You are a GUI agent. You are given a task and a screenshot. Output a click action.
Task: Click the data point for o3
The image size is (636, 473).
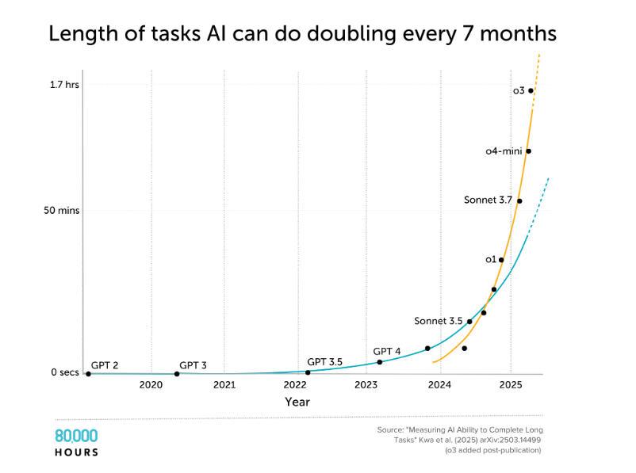click(531, 91)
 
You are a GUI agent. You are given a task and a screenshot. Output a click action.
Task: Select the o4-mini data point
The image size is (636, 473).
click(528, 151)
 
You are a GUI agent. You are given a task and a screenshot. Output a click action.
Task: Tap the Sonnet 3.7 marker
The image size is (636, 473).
click(519, 200)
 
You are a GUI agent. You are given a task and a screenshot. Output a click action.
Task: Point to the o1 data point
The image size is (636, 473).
click(501, 260)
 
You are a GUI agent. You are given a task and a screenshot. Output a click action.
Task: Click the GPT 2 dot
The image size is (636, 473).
click(88, 373)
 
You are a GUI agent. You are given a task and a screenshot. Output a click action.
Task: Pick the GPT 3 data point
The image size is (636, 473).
click(176, 373)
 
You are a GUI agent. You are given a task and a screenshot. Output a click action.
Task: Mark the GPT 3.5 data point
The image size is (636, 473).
click(308, 372)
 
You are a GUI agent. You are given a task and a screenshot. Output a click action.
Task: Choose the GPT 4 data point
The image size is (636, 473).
click(379, 362)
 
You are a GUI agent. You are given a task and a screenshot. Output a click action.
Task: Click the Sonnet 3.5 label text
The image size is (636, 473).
click(438, 321)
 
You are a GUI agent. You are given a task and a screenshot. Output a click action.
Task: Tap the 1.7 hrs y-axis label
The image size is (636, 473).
click(65, 83)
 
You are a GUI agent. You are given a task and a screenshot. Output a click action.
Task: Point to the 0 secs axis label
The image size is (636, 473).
click(65, 373)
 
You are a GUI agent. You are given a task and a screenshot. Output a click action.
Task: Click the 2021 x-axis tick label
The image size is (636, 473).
click(224, 385)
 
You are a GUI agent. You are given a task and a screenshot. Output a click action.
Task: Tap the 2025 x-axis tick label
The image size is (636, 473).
click(511, 385)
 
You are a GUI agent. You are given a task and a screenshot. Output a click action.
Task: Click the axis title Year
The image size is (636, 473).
click(297, 402)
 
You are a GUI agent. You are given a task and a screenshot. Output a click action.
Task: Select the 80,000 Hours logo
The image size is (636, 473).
click(76, 442)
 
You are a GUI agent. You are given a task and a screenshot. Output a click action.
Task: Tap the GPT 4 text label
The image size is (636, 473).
click(387, 351)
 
